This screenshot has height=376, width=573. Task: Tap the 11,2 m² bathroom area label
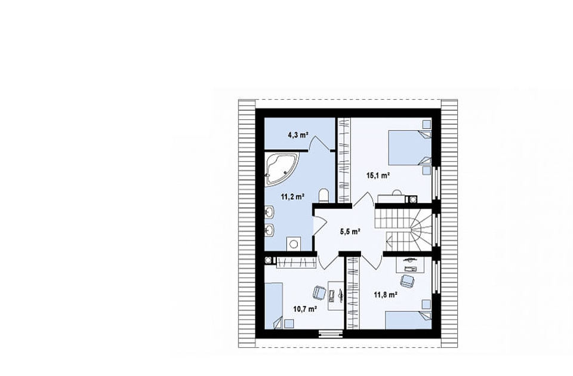pyautogui.click(x=292, y=197)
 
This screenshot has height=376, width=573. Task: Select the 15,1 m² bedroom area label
pyautogui.click(x=378, y=175)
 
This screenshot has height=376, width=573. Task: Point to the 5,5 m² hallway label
pyautogui.click(x=350, y=232)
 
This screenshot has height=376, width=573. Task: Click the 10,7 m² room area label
pyautogui.click(x=305, y=309)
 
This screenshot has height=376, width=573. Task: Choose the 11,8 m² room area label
pyautogui.click(x=386, y=294)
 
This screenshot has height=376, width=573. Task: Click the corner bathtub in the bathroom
pyautogui.click(x=281, y=168)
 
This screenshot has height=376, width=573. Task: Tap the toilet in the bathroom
pyautogui.click(x=324, y=196)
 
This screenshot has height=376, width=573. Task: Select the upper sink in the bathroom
pyautogui.click(x=270, y=211)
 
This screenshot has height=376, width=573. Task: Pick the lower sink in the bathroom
pyautogui.click(x=270, y=230)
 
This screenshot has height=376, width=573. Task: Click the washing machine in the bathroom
pyautogui.click(x=294, y=244)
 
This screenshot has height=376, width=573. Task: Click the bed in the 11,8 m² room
pyautogui.click(x=408, y=320)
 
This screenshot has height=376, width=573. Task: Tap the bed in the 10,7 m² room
pyautogui.click(x=274, y=306)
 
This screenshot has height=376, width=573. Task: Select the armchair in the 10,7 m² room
pyautogui.click(x=319, y=292)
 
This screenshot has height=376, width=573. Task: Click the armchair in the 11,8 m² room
pyautogui.click(x=407, y=281)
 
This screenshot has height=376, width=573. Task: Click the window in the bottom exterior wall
pyautogui.click(x=330, y=333)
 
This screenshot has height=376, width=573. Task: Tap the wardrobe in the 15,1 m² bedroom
pyautogui.click(x=344, y=160)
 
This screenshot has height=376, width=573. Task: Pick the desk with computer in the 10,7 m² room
pyautogui.click(x=336, y=295)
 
